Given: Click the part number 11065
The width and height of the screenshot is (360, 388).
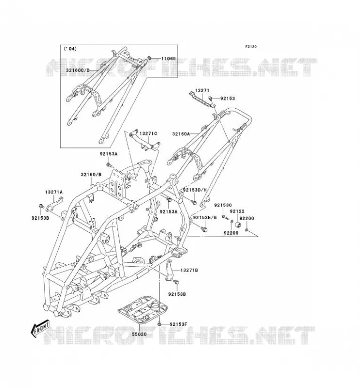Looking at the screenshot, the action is coord(168,59).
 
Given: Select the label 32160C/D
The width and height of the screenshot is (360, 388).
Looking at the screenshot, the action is coord(78,70).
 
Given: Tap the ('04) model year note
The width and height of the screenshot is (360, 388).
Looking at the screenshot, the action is coord(70,49).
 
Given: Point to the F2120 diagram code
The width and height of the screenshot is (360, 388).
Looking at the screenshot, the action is coord(251,47).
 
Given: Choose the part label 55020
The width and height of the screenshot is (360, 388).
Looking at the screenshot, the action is coord(139,334).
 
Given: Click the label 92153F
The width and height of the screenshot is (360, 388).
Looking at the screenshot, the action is coord(178,324).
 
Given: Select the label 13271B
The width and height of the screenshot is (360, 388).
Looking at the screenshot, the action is coord(189,270).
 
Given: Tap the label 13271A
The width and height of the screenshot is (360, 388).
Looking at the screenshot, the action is coord(54,192).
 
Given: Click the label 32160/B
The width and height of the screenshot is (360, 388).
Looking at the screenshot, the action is coord(91,175).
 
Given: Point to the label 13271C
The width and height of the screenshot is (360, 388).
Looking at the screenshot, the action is coord(148,134).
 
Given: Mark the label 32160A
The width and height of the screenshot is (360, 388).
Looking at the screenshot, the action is coord(181,134).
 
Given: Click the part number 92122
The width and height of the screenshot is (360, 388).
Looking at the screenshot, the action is coord(237,211).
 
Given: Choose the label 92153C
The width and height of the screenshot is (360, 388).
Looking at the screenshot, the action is coord(223,205).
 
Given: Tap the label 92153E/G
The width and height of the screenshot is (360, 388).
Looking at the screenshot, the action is coord(205,217).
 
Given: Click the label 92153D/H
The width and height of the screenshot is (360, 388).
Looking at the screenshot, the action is coord(195,190).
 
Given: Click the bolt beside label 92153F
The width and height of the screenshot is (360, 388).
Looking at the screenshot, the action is coord(160,323).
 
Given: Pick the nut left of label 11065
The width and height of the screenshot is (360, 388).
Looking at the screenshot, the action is coord(150,58).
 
